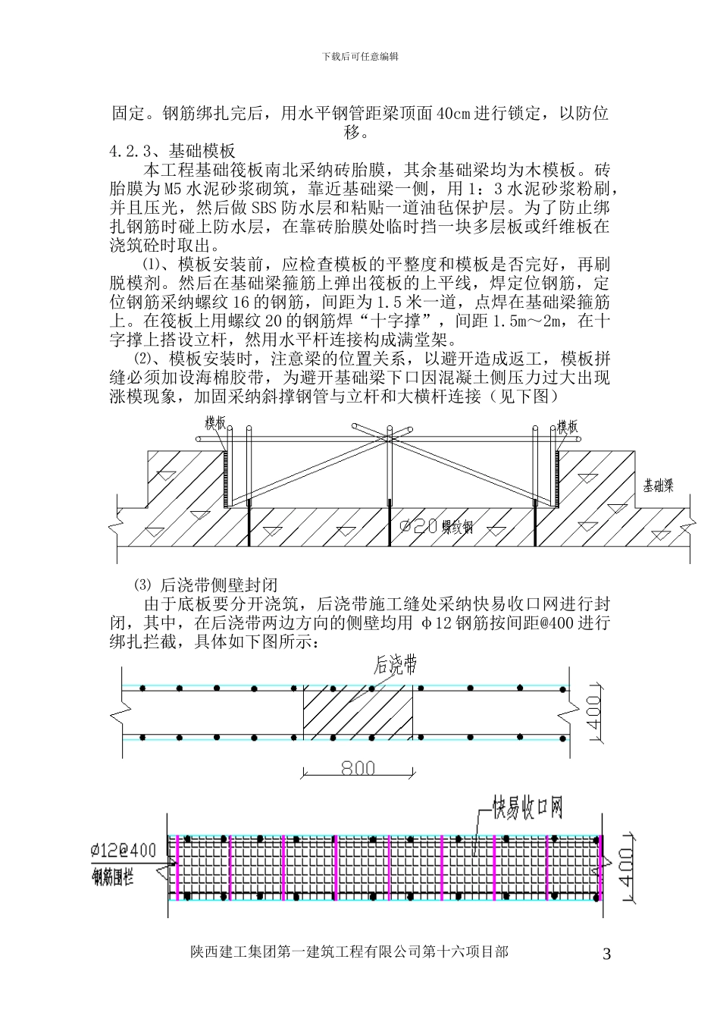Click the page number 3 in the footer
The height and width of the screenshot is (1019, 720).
tap(606, 955)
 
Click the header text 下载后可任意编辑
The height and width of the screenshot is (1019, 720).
tap(360, 56)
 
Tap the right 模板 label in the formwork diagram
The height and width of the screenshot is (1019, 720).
tap(568, 426)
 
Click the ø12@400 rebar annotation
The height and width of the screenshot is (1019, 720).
tap(123, 850)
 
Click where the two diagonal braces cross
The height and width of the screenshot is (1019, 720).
tap(389, 437)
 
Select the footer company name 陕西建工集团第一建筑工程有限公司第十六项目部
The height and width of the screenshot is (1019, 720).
tap(349, 952)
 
